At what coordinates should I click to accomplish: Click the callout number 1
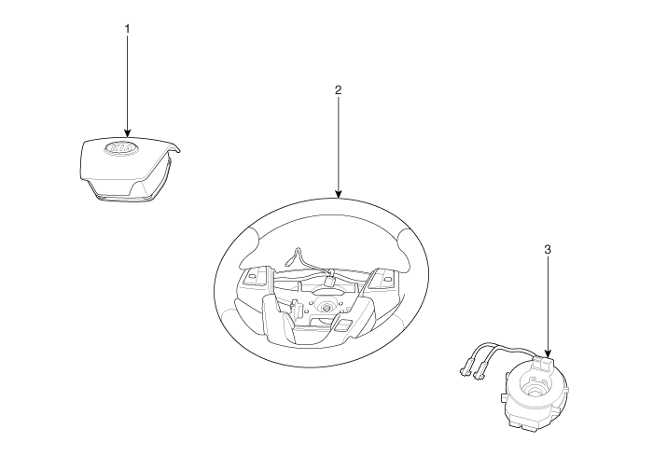coord(128,29)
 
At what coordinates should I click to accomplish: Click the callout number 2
coord(338,90)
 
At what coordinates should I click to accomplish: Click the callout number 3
coord(548,249)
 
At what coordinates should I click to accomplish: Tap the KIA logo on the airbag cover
coord(120,148)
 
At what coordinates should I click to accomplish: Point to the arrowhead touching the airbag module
coord(128,132)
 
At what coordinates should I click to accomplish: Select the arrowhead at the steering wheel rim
coord(338,194)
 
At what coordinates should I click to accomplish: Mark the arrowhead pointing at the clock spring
coord(548,353)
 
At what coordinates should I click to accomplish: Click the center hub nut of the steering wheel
coord(326,307)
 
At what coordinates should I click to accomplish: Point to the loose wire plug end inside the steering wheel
coord(289,262)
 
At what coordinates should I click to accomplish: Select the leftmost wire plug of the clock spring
coord(465,367)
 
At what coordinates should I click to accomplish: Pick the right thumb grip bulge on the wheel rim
coord(403,245)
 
